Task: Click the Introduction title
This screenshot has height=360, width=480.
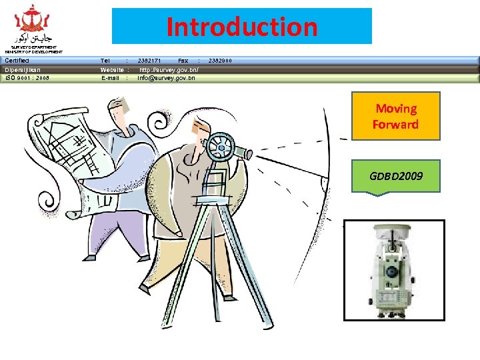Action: coord(241,27)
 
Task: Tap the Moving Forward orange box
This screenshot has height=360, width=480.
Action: coord(396,116)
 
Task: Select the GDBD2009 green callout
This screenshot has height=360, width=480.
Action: coord(396,177)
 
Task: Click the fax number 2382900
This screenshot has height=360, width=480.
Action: coord(220,61)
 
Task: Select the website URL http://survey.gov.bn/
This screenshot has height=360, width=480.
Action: coord(169,69)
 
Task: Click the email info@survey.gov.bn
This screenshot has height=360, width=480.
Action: coord(167,78)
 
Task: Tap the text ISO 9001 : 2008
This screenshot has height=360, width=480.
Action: coord(27,78)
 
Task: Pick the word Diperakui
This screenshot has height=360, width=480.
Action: coord(23,69)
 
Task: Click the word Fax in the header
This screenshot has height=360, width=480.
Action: coord(183,61)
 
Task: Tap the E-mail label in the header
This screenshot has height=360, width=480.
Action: coord(111,78)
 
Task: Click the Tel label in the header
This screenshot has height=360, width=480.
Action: coord(105,61)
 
